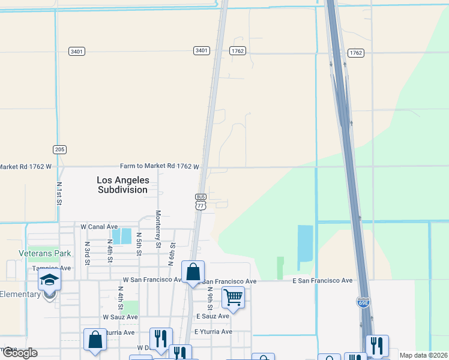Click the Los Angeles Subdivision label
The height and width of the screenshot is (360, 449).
coord(122,185)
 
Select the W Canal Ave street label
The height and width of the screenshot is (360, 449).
coord(100,227)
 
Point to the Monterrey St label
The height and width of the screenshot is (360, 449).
coord(158,229)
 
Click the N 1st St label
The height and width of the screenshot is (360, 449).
coord(59,194)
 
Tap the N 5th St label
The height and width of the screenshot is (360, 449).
coord(139,244)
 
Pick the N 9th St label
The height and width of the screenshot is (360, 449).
coord(210,298)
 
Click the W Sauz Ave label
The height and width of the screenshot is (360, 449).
coord(120,317)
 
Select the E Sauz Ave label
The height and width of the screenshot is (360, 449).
coord(212,316)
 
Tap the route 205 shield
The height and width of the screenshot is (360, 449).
coord(59,149)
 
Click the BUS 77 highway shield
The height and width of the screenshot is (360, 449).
coord(200,202)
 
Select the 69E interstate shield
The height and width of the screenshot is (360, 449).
coord(363,302)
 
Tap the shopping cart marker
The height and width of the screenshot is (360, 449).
coord(233,297)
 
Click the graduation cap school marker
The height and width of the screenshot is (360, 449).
coord(49,280)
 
